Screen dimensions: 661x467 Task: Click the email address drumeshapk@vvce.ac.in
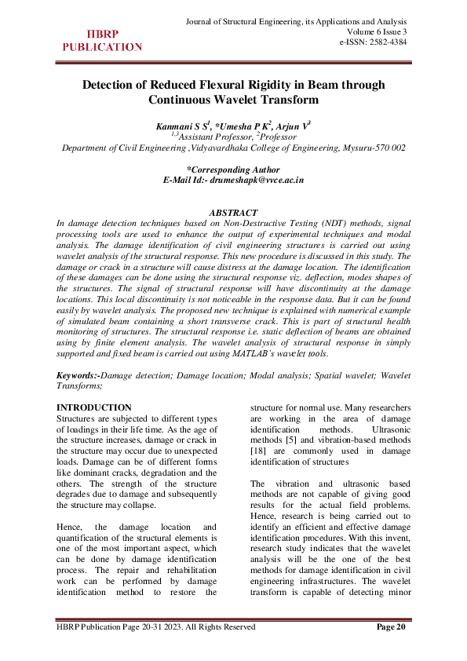click(x=254, y=180)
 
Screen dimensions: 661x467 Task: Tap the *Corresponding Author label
click(x=233, y=169)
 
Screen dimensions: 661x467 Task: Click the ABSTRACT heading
click(x=234, y=213)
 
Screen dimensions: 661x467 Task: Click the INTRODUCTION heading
click(x=95, y=408)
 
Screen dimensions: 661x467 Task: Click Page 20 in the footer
click(x=391, y=626)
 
